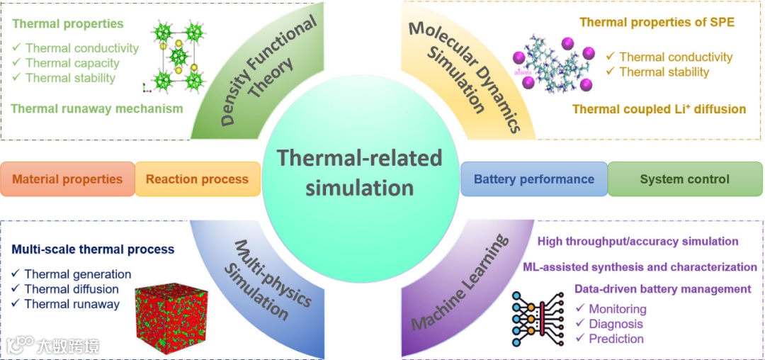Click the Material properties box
[67, 179]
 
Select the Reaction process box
[197, 179]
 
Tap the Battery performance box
[533, 179]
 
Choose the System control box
[684, 179]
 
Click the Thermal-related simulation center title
[359, 172]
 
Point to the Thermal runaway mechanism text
[97, 108]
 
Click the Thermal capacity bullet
[72, 63]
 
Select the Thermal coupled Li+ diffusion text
[659, 109]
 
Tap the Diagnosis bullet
[616, 324]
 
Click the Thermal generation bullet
[77, 274]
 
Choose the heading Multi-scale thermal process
[93, 249]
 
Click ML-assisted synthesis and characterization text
[640, 266]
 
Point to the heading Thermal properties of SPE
[657, 22]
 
